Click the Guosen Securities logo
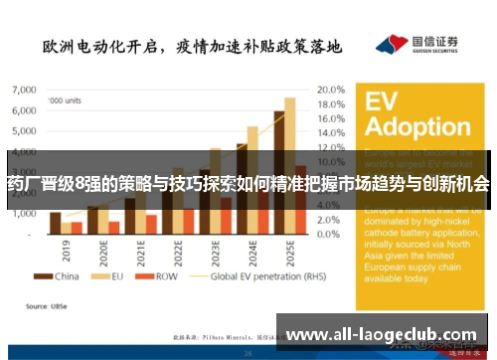pos(417,45)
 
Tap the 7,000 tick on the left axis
pos(23,90)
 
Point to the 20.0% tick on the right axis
pos(330,90)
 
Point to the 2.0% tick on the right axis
pos(332,219)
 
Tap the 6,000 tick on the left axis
pos(23,110)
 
